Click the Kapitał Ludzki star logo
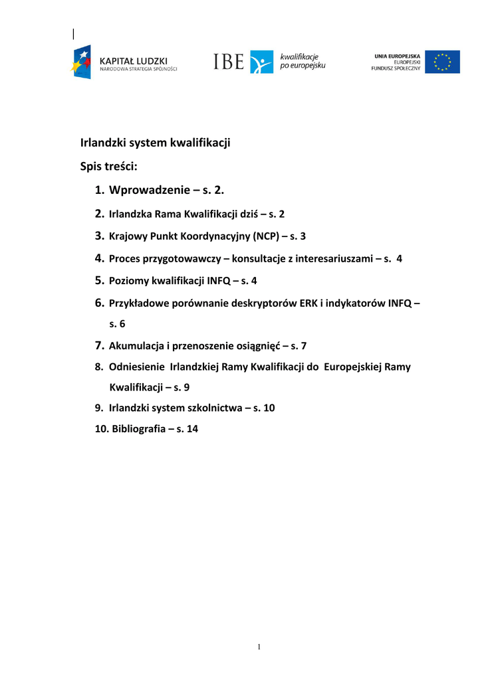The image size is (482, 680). pyautogui.click(x=82, y=62)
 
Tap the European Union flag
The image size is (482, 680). pyautogui.click(x=442, y=62)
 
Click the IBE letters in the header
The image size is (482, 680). pyautogui.click(x=229, y=62)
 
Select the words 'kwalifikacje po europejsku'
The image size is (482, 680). pyautogui.click(x=302, y=62)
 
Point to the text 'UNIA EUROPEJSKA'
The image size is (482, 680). pyautogui.click(x=396, y=56)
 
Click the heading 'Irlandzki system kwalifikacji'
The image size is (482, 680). pyautogui.click(x=155, y=142)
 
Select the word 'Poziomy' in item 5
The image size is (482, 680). pyautogui.click(x=129, y=281)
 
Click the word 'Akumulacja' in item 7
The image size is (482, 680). pyautogui.click(x=136, y=345)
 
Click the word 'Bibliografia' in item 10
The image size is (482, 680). pyautogui.click(x=138, y=429)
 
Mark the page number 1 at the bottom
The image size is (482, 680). pyautogui.click(x=259, y=647)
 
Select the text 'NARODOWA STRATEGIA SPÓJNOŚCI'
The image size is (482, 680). pyautogui.click(x=138, y=68)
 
